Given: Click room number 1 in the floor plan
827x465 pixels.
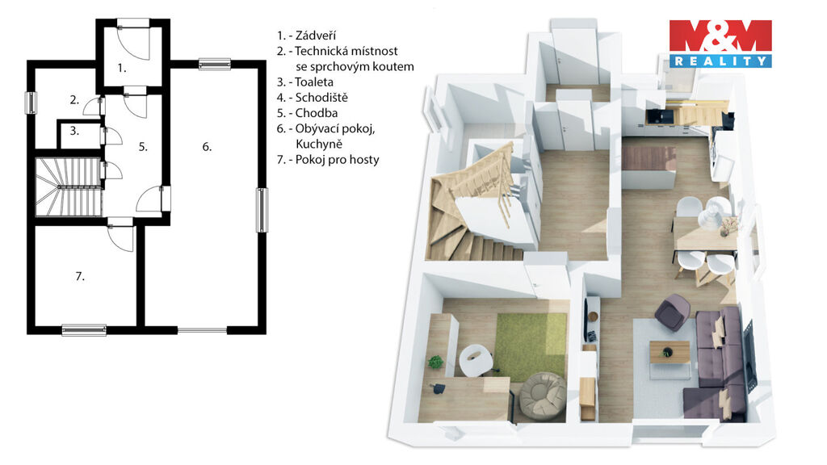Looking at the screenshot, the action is tap(122, 68).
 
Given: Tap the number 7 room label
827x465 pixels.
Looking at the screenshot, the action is tap(80, 276).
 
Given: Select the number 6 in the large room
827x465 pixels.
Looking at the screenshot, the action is tap(207, 147).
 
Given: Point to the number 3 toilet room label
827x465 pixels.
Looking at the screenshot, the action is tap(74, 131).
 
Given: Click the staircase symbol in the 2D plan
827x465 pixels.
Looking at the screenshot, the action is tap(68, 187).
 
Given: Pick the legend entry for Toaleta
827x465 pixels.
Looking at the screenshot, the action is tap(305, 82).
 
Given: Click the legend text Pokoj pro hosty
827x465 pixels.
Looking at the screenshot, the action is tap(328, 159).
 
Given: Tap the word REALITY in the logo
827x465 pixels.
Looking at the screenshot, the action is tap(720, 61).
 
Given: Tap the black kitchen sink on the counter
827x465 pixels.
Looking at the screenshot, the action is tap(657, 115).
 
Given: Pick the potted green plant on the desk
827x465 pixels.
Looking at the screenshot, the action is tap(435, 362).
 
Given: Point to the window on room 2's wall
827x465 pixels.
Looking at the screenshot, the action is tap(31, 103).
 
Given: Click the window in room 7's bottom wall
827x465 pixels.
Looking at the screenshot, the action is tap(84, 330).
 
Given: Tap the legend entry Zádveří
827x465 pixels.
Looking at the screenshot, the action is tap(306, 36).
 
